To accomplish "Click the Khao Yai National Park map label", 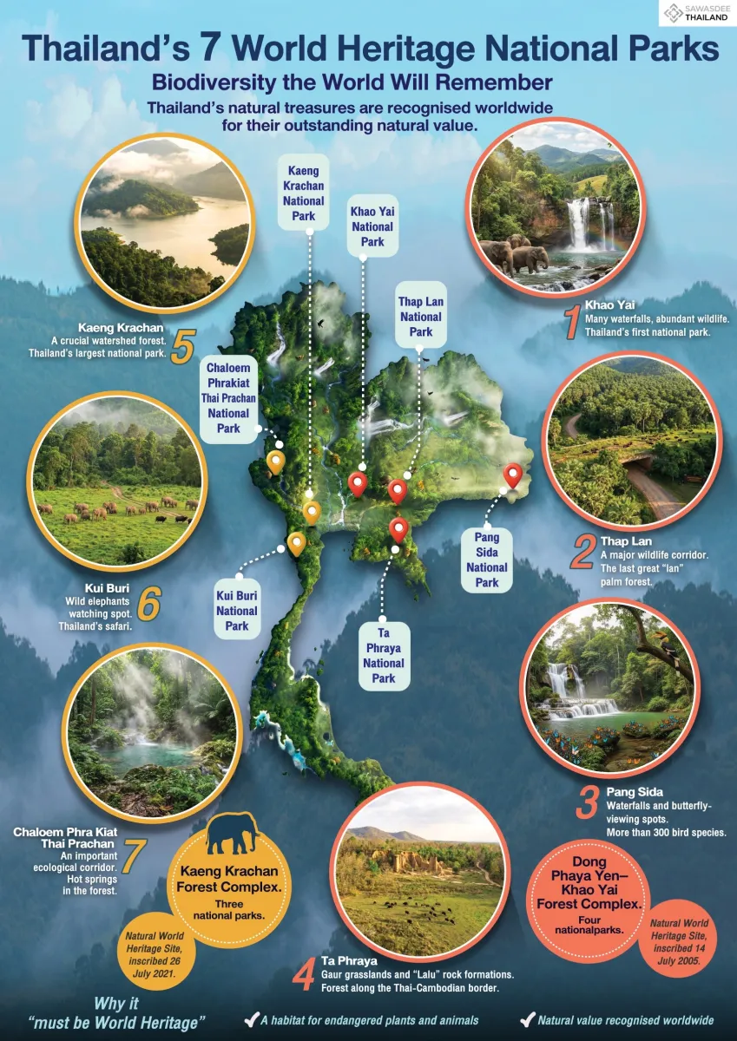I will (372, 226).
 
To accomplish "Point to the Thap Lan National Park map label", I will (421, 316).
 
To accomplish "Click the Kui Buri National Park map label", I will (238, 611).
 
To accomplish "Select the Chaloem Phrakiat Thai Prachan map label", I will (228, 397).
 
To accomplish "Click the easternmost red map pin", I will (513, 474).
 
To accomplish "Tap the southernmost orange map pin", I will (297, 542).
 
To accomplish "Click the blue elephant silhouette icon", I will (231, 833).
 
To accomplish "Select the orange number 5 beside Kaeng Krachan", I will (182, 345).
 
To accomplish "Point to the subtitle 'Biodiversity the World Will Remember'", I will (352, 82).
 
